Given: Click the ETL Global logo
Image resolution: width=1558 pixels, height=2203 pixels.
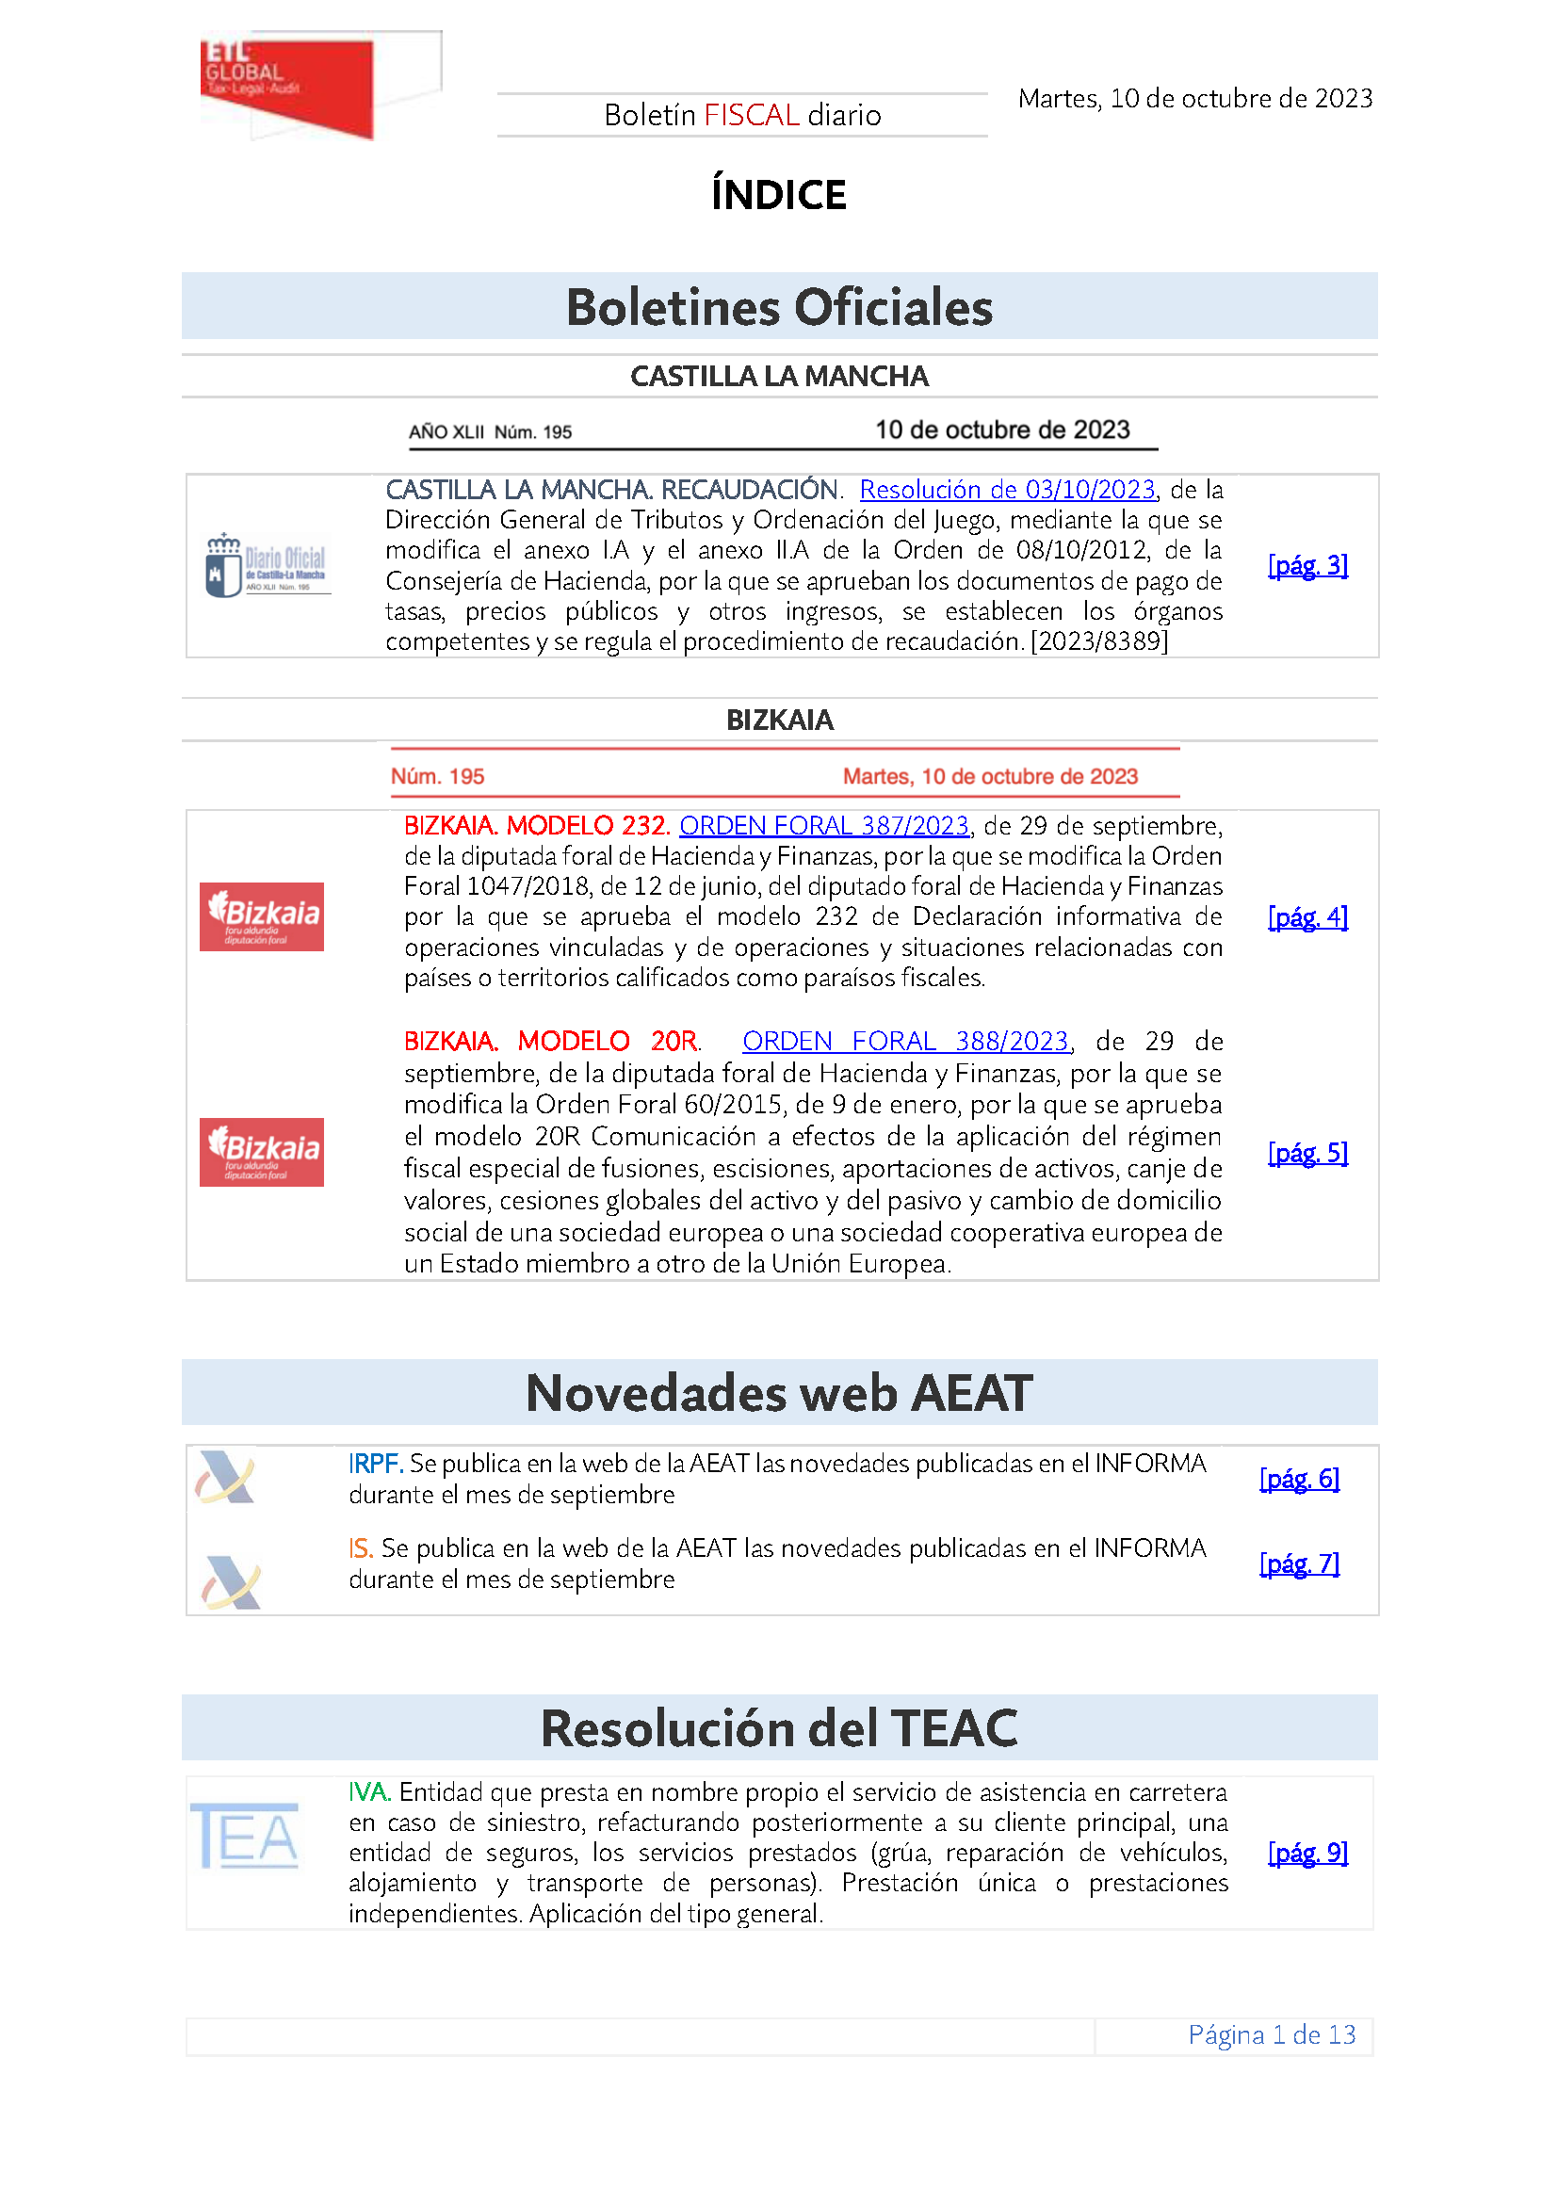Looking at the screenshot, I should point(288,87).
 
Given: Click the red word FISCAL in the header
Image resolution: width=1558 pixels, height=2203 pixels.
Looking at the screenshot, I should point(751,115).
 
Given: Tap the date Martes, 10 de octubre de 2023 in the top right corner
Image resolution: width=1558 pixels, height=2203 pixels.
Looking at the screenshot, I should point(1194,99).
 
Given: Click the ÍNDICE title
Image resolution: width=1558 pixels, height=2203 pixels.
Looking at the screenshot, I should point(778,195).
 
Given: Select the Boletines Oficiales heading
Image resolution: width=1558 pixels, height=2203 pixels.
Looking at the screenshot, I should point(779,307).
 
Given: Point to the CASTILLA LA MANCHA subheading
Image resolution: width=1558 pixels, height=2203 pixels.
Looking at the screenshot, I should point(779,376).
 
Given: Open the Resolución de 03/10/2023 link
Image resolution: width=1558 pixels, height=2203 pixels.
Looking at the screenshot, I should point(1006,491).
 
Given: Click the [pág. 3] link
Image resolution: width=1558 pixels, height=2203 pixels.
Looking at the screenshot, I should point(1306,565).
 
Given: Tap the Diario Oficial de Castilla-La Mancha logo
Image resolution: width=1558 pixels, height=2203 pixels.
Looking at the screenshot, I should point(267,566).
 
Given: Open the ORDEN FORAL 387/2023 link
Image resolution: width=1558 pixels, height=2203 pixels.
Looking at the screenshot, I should point(824,826).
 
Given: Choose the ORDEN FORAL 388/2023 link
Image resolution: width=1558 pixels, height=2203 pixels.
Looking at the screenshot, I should point(904,1042).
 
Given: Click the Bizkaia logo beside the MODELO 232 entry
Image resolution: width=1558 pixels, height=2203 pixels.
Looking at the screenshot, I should point(262,916).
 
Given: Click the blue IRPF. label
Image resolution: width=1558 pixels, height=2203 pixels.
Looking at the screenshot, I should point(375,1465).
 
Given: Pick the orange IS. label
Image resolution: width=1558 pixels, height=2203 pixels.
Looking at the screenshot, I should point(360,1548).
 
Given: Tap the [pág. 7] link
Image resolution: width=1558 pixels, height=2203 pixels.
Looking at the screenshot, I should point(1299,1564).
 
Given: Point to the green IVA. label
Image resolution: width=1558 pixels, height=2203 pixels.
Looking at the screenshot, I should point(368,1792).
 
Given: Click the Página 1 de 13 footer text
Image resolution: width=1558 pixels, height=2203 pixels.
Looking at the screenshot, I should point(1271,2034).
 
